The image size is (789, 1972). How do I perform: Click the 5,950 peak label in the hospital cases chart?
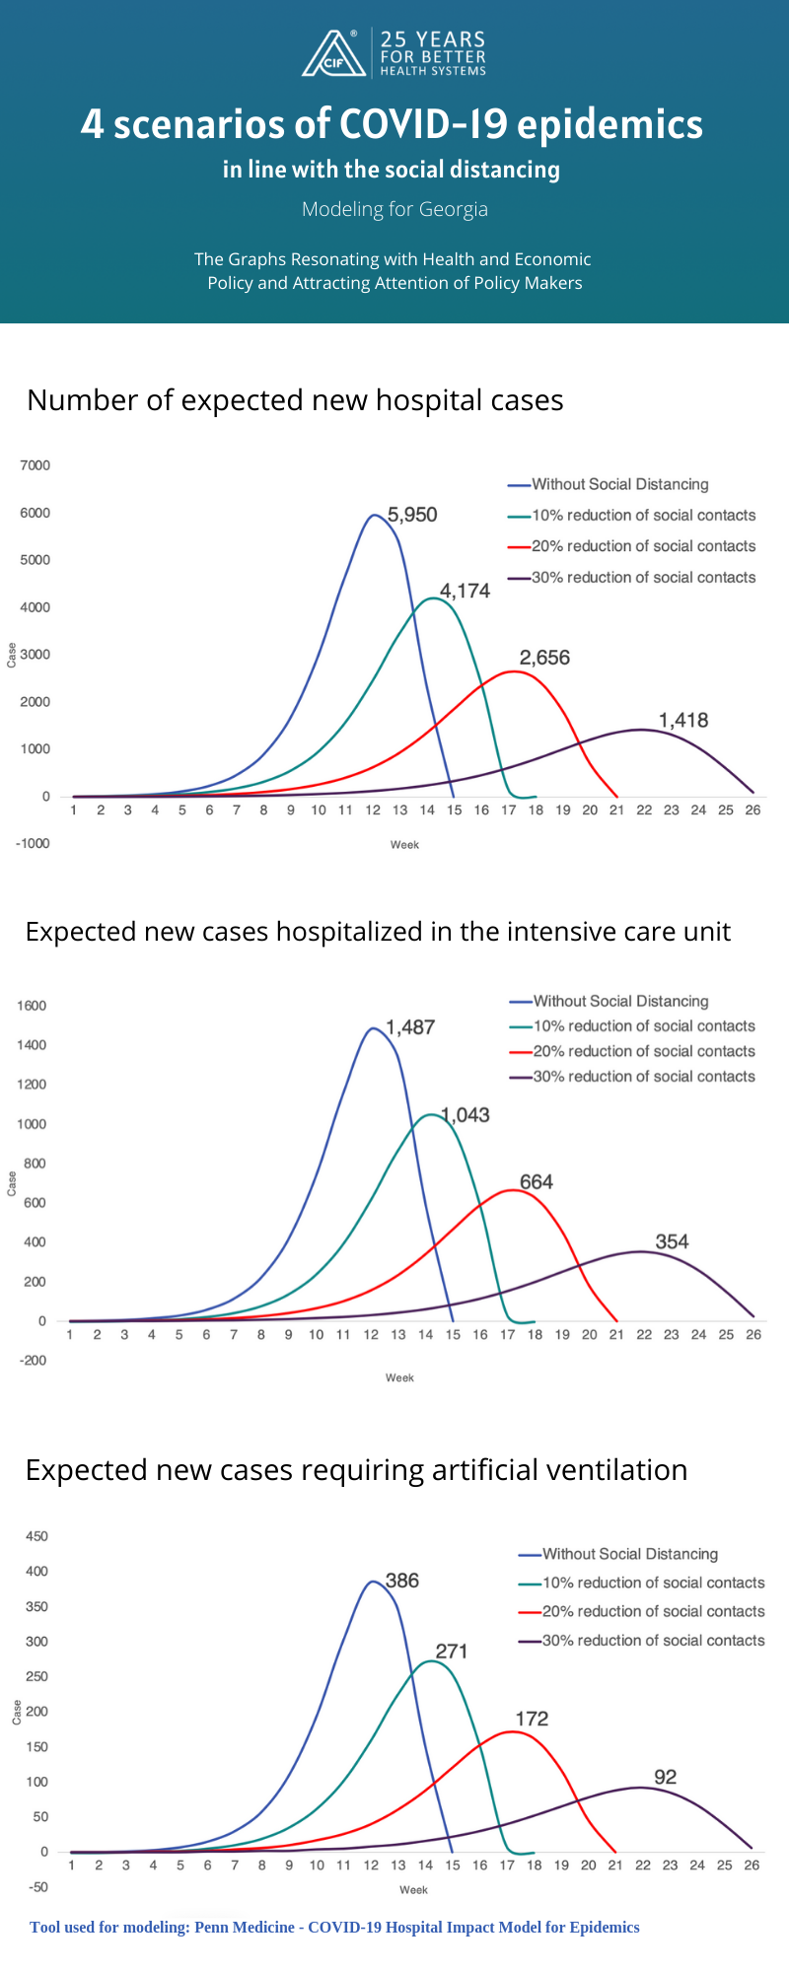tap(412, 515)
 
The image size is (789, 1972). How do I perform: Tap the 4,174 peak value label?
tap(465, 591)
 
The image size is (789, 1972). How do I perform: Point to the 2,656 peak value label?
tap(544, 658)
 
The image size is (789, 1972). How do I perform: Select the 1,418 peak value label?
tap(683, 720)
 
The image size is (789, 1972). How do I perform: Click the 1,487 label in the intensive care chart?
tap(410, 1027)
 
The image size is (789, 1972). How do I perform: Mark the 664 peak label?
tap(537, 1182)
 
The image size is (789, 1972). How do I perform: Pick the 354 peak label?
tap(672, 1241)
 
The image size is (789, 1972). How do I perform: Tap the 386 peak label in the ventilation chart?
tap(402, 1581)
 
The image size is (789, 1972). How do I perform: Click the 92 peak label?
tap(666, 1777)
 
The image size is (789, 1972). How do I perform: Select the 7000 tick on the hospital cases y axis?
tap(35, 465)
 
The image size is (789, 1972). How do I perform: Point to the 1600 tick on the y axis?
tap(32, 1006)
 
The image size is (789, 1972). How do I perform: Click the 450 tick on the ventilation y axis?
tap(36, 1536)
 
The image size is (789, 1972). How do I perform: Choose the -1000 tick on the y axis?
tap(33, 844)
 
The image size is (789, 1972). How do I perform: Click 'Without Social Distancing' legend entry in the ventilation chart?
tap(629, 1554)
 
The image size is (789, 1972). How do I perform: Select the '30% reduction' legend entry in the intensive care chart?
tap(643, 1077)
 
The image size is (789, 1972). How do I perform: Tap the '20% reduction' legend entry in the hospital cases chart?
tap(643, 546)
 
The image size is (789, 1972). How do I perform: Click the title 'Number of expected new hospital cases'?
tap(295, 400)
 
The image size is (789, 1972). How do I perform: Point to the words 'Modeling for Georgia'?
tap(394, 209)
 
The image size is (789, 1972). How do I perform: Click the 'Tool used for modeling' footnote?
tap(334, 1927)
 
